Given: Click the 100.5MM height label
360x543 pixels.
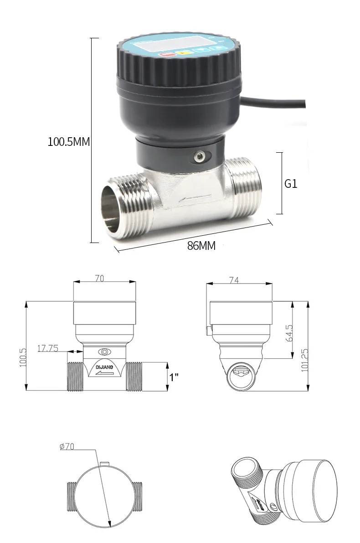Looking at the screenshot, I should tap(69, 142).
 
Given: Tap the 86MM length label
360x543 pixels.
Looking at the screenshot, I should tap(201, 246).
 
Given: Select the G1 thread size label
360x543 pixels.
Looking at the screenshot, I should tap(291, 184).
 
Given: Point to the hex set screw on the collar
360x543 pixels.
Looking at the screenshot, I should tap(199, 158).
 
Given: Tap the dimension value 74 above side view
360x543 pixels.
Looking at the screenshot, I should tap(234, 281).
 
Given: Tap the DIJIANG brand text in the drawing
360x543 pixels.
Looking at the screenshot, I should tap(105, 367).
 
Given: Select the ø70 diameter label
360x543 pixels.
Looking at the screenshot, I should tap(67, 447).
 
